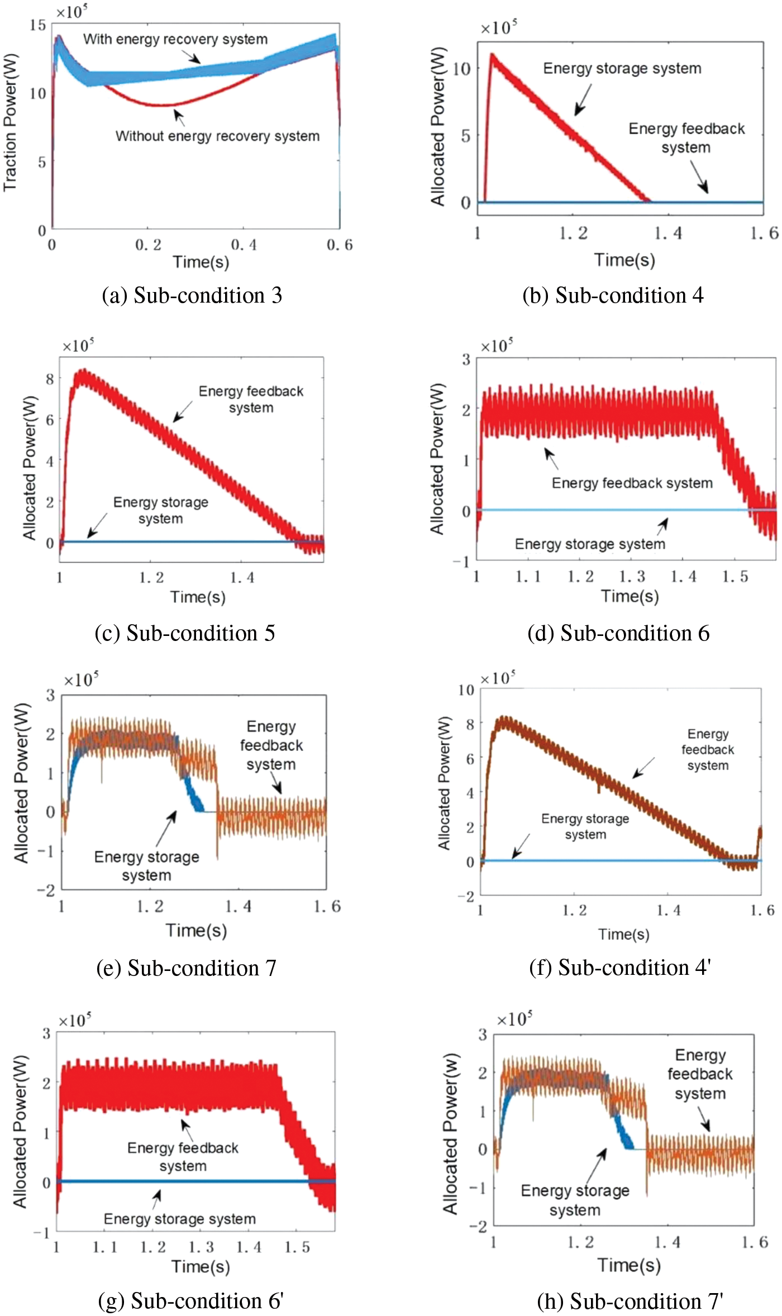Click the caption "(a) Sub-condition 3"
coord(192,295)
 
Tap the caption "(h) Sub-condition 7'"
coord(630,1301)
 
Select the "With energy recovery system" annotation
coord(175,39)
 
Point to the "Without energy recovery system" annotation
coord(217,136)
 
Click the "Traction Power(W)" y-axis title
coord(11,122)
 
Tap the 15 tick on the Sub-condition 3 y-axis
coord(37,25)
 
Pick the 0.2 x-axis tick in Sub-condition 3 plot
coord(148,245)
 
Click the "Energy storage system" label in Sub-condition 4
coord(622,68)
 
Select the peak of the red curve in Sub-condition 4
coord(492,54)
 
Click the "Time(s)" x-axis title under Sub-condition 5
coord(198,597)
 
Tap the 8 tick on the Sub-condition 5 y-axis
coord(50,379)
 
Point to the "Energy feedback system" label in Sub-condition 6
coord(632,483)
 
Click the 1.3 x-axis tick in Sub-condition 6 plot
coord(632,576)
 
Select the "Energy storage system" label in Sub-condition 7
coord(146,865)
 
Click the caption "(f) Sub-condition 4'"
coord(619,967)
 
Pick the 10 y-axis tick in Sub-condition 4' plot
coord(466,690)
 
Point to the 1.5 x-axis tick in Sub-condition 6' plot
coord(297,1247)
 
